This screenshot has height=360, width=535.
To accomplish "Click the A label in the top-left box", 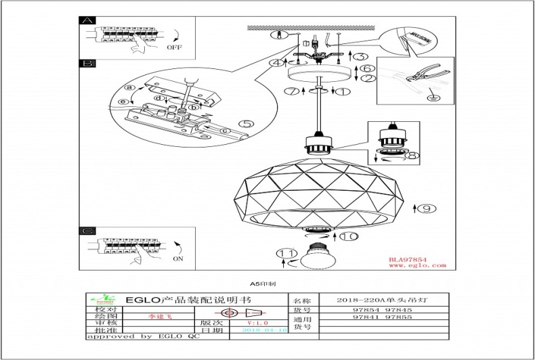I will (x=86, y=21).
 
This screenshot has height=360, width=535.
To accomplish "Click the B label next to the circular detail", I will (x=86, y=64).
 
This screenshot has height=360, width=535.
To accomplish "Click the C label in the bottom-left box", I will (x=86, y=231).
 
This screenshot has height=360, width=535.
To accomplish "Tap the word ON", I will (x=179, y=258).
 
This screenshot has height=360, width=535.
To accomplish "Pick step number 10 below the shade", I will (x=348, y=236).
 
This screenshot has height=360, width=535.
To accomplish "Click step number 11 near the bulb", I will (x=288, y=253).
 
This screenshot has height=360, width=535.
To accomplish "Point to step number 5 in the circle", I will (x=246, y=124).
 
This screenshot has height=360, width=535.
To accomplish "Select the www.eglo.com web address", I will (x=417, y=266).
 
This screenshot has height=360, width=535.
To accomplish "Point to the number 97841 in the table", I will (x=366, y=317).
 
